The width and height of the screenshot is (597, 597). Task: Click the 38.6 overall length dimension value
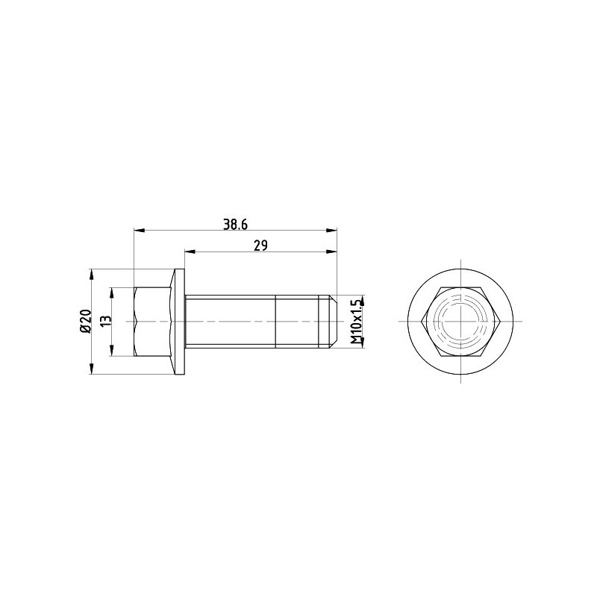[235, 225]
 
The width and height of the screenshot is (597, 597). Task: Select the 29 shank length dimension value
[260, 246]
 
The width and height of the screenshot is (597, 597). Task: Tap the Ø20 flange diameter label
[86, 322]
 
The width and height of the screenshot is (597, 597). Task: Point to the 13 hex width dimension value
[107, 319]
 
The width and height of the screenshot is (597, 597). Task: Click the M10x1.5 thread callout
[355, 322]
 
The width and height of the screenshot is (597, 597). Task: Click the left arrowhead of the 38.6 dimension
[140, 231]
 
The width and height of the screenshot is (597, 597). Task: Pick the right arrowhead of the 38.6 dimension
[331, 231]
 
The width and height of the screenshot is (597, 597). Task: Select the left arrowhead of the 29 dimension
[190, 251]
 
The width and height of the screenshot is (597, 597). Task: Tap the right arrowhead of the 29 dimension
[331, 251]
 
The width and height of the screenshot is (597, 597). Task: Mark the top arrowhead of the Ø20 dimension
[91, 275]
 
